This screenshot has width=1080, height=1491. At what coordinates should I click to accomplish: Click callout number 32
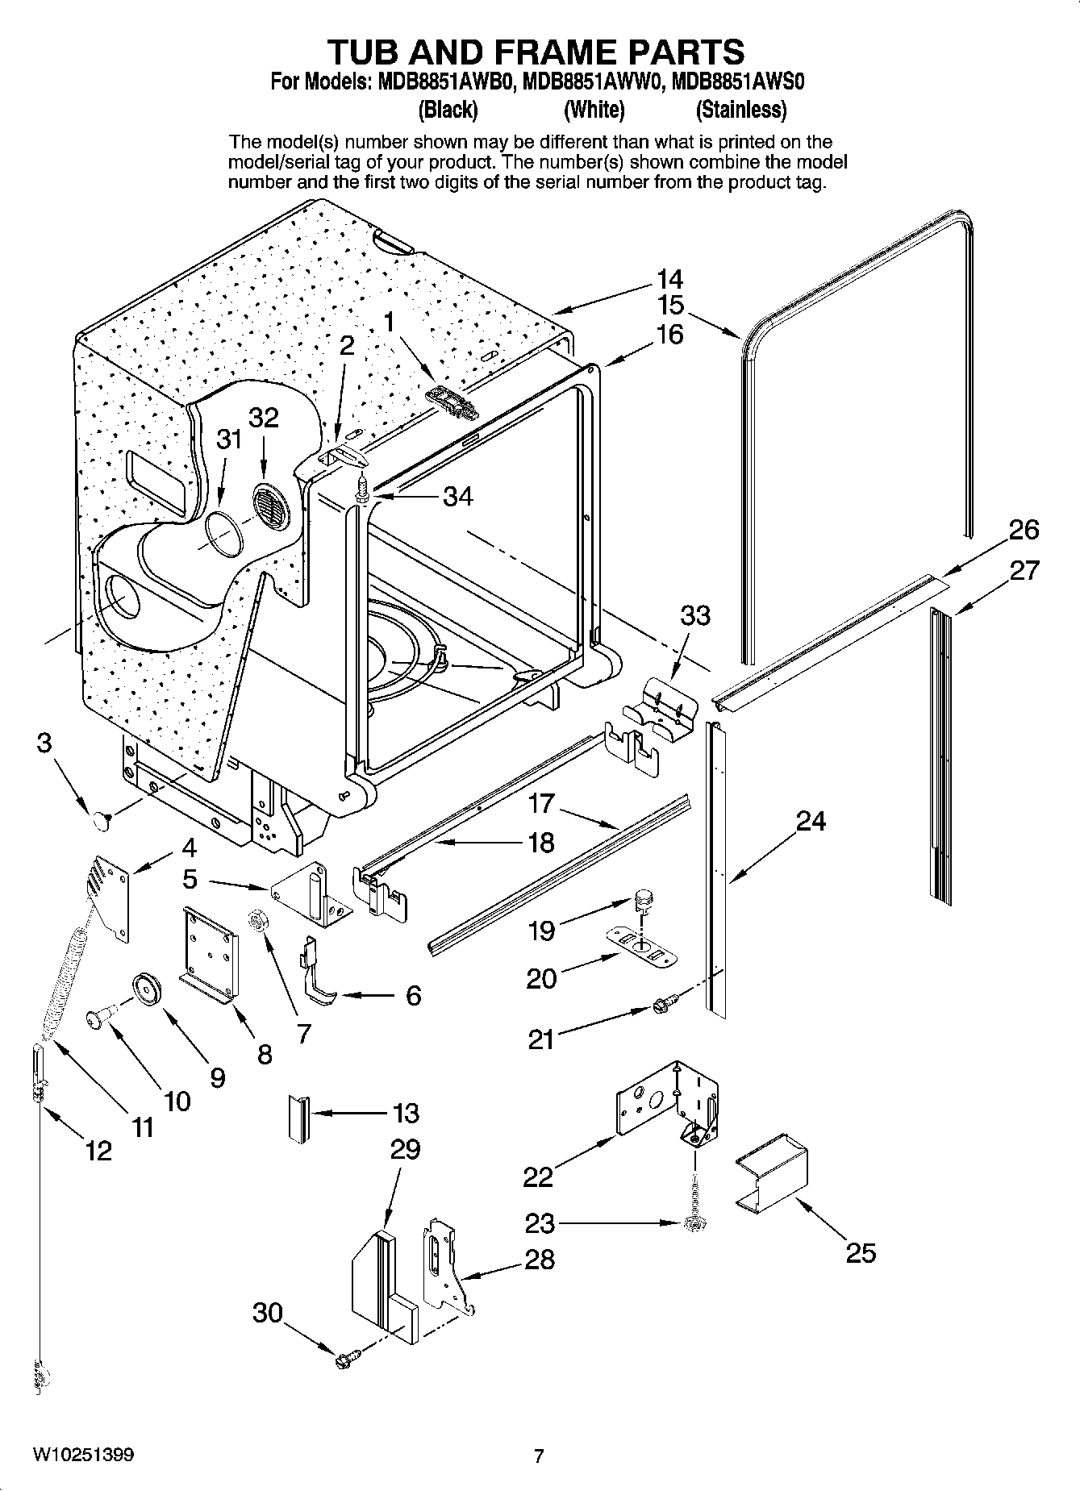[263, 417]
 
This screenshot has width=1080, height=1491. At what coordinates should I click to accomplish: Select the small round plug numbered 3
[100, 820]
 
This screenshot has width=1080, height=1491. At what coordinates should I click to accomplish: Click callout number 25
[861, 1252]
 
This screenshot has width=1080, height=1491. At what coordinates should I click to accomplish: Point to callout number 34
[457, 496]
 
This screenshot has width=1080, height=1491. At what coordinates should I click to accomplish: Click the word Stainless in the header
[740, 109]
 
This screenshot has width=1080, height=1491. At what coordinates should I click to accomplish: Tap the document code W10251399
[83, 1456]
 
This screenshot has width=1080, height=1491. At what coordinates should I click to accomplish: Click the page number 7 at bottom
[540, 1456]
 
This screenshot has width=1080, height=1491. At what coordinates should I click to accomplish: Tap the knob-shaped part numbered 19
[644, 896]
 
